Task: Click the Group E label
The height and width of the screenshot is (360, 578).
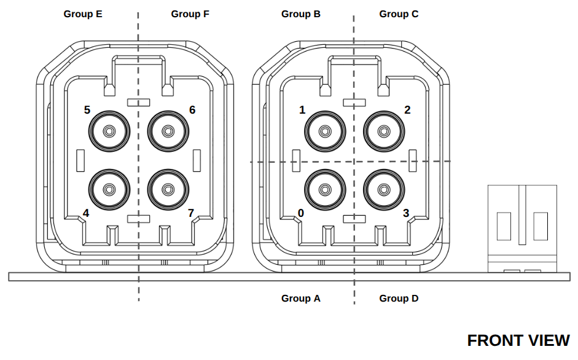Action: pyautogui.click(x=83, y=14)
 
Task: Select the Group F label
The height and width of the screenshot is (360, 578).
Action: pyautogui.click(x=190, y=14)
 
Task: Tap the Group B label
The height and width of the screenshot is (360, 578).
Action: pyautogui.click(x=301, y=14)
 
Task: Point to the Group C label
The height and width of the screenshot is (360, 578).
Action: pyautogui.click(x=399, y=14)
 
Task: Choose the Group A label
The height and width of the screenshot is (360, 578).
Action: pyautogui.click(x=301, y=298)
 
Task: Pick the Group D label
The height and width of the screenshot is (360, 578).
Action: pyautogui.click(x=399, y=298)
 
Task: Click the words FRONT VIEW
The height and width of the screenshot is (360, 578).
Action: pyautogui.click(x=518, y=340)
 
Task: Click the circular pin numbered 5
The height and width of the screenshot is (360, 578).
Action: pyautogui.click(x=109, y=131)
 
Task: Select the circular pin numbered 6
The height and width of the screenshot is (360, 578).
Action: pyautogui.click(x=168, y=131)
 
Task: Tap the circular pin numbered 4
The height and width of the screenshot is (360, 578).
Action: pyautogui.click(x=109, y=190)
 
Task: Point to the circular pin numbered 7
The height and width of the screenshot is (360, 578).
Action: pyautogui.click(x=168, y=190)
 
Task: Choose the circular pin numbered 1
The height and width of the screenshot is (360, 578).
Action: pyautogui.click(x=325, y=131)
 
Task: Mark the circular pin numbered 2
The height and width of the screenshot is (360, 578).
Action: pyautogui.click(x=384, y=131)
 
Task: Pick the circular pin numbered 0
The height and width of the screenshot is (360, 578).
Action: pyautogui.click(x=325, y=190)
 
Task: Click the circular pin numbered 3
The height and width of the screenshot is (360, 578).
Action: pyautogui.click(x=384, y=190)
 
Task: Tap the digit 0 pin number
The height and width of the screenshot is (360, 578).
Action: pyautogui.click(x=301, y=213)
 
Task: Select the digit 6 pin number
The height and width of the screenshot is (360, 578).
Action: pyautogui.click(x=192, y=110)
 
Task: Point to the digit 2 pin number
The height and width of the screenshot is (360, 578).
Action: pyautogui.click(x=407, y=110)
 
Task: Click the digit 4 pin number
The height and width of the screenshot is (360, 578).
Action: pyautogui.click(x=86, y=213)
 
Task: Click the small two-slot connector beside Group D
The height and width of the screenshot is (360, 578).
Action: pyautogui.click(x=522, y=227)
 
